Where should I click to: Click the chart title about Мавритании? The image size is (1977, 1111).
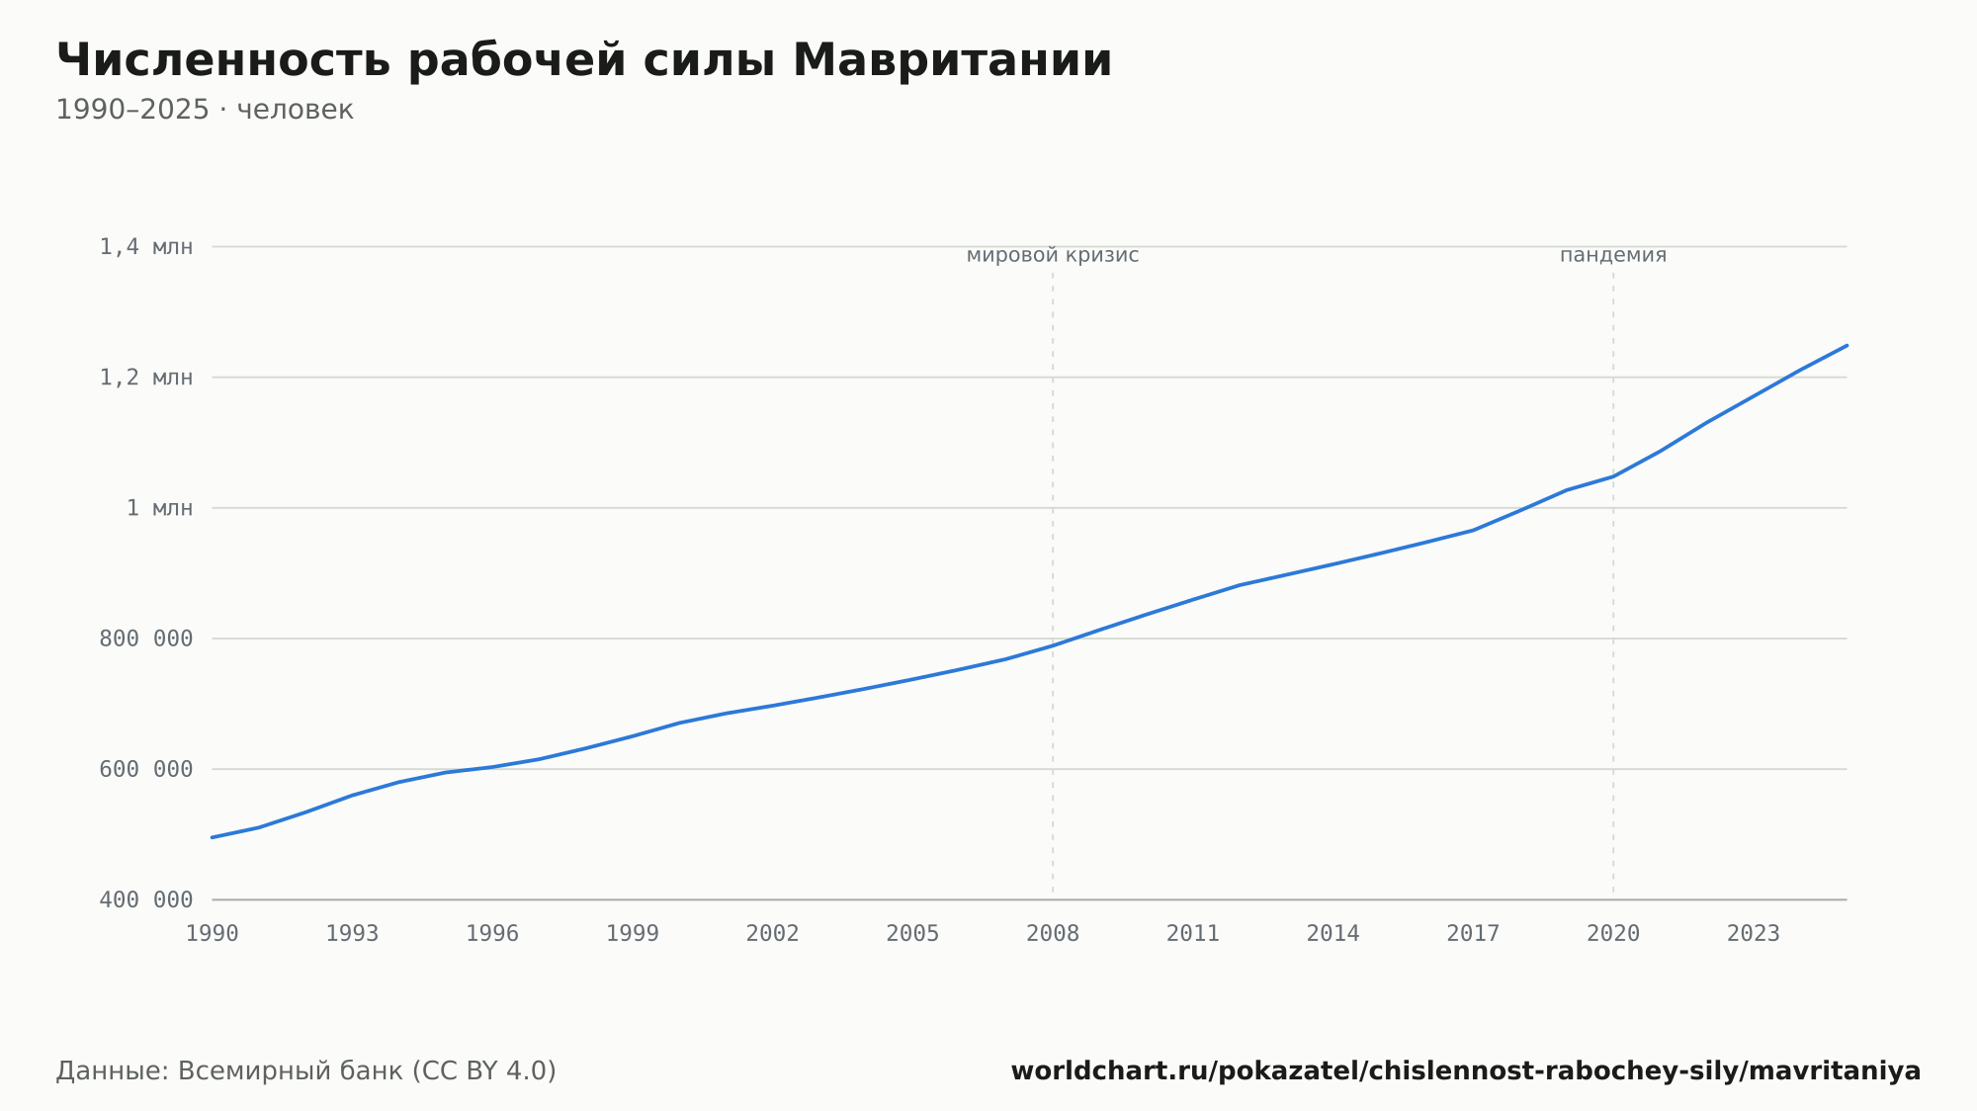pyautogui.click(x=584, y=60)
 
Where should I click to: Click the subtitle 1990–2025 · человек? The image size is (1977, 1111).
pyautogui.click(x=205, y=110)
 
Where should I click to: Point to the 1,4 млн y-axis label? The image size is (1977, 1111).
pyautogui.click(x=146, y=247)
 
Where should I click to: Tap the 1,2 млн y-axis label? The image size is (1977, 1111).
pyautogui.click(x=146, y=378)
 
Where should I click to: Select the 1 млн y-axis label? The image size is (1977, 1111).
pyautogui.click(x=159, y=508)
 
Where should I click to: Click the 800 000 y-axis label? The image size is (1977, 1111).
pyautogui.click(x=146, y=639)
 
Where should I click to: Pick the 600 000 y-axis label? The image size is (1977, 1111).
pyautogui.click(x=146, y=769)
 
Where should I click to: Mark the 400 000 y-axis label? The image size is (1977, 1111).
pyautogui.click(x=146, y=899)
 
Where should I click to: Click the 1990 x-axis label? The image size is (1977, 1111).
pyautogui.click(x=213, y=934)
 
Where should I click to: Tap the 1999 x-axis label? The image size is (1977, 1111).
pyautogui.click(x=633, y=934)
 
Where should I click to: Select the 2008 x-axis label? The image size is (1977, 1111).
pyautogui.click(x=1053, y=934)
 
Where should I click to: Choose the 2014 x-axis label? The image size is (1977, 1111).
pyautogui.click(x=1333, y=934)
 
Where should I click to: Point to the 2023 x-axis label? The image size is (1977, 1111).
pyautogui.click(x=1754, y=934)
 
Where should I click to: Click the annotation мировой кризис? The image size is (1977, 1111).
pyautogui.click(x=1053, y=255)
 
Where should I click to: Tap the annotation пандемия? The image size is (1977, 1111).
pyautogui.click(x=1613, y=255)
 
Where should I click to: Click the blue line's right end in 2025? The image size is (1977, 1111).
pyautogui.click(x=1847, y=345)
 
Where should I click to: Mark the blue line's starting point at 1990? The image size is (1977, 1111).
pyautogui.click(x=213, y=837)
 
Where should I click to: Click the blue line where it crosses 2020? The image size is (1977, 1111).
pyautogui.click(x=1613, y=476)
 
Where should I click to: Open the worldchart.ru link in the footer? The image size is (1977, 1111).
pyautogui.click(x=1466, y=1071)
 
